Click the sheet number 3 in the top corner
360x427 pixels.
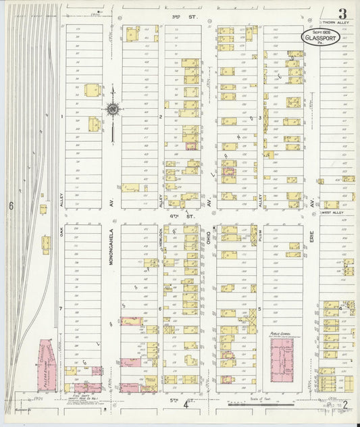[342, 14]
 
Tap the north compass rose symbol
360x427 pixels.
[112, 109]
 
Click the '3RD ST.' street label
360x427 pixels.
[176, 14]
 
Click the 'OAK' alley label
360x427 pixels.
[61, 233]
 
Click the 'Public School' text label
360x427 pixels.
[280, 332]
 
